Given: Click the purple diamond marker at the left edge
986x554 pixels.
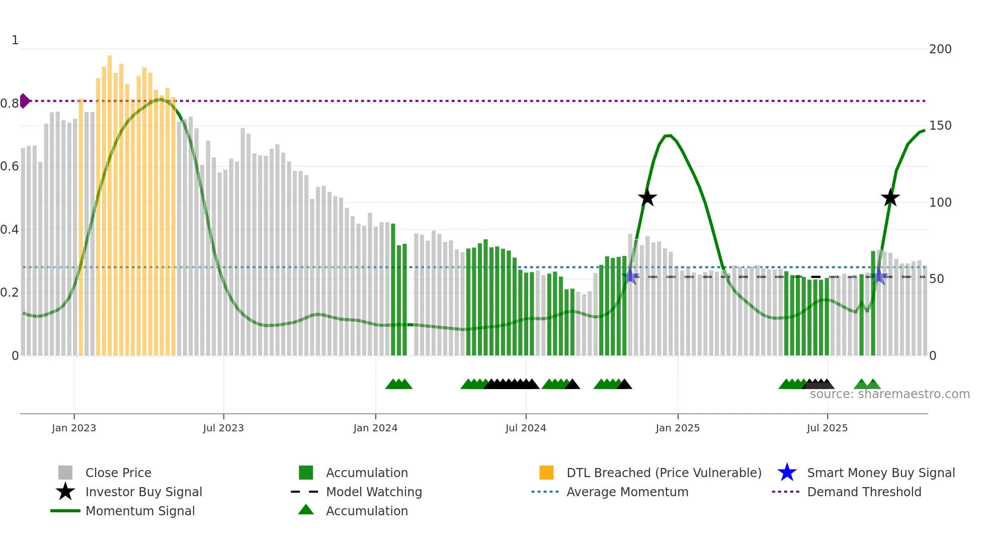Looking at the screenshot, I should click(24, 101).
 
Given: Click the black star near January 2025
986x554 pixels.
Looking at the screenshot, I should click(647, 198).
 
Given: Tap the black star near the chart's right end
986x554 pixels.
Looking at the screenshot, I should click(890, 198).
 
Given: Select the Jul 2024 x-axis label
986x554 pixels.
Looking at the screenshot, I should click(526, 428).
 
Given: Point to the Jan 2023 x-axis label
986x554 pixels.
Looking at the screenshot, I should click(74, 428).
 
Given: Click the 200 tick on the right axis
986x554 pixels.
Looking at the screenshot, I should click(940, 49).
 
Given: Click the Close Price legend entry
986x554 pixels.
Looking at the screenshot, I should click(118, 473).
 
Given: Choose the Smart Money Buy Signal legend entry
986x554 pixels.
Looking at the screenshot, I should click(880, 473).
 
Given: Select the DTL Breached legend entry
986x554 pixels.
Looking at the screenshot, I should click(664, 473).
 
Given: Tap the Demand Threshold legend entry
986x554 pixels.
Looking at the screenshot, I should click(864, 492).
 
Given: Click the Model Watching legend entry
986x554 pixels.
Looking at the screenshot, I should click(373, 492).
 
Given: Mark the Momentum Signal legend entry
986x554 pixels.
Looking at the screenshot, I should click(140, 511).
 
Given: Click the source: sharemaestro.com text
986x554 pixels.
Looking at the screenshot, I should click(889, 394).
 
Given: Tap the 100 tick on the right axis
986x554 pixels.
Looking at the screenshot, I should click(940, 203).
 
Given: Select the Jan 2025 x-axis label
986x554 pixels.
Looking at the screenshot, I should click(678, 428).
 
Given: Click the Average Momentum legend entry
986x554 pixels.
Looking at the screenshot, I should click(627, 492).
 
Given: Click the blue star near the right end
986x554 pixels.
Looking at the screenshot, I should click(879, 276).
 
